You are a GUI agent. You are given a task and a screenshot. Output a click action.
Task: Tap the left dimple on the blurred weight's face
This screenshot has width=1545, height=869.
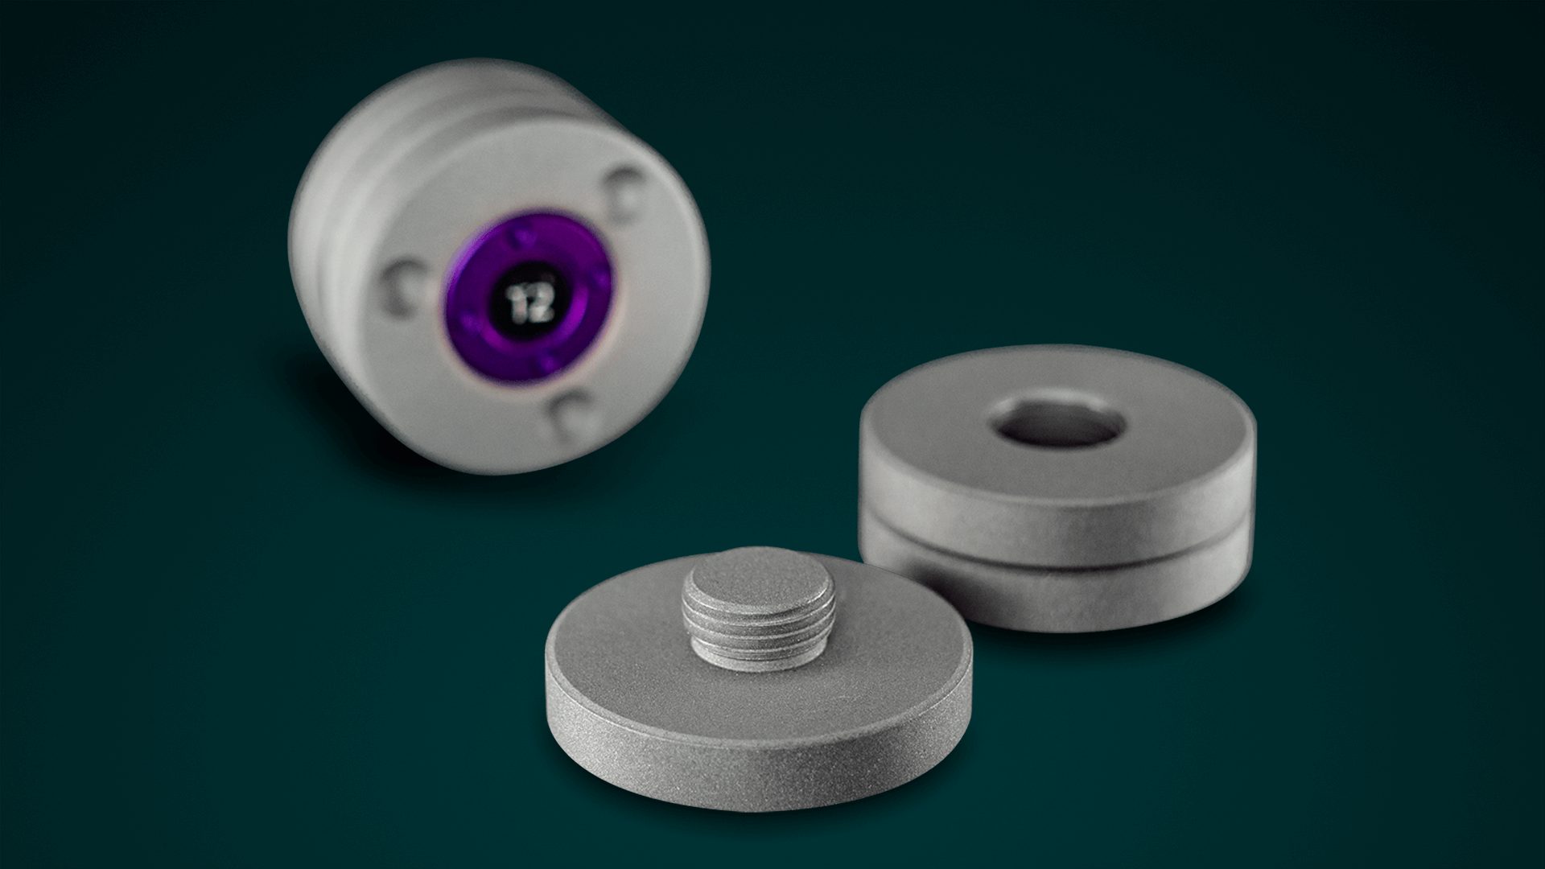click(400, 288)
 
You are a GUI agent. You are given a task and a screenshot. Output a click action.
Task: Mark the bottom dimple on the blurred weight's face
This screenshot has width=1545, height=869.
click(573, 415)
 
